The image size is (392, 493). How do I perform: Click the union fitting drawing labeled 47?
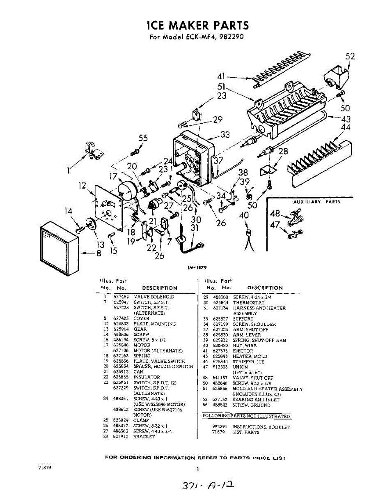tap(294, 235)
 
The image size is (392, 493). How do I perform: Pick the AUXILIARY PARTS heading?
tap(316, 202)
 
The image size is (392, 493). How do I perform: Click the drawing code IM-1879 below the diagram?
tap(196, 267)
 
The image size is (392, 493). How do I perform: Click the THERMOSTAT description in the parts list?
tap(249, 302)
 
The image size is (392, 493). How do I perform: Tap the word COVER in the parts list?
tap(142, 318)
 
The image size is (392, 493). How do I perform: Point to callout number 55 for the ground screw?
tap(143, 138)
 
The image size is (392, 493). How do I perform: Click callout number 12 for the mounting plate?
tap(83, 186)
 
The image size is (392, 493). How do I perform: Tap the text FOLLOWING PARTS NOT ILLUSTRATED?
tap(247, 416)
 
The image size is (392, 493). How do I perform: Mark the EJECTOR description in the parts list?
tap(243, 351)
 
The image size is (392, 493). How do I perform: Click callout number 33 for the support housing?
tap(225, 134)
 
